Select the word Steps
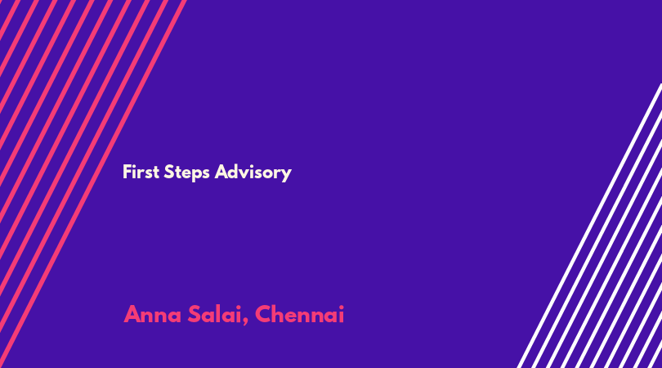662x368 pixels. pos(186,173)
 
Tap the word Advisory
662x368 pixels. pos(253,173)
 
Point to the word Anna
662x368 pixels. pos(152,314)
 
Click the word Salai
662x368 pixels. pos(215,314)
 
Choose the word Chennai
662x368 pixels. pos(299,314)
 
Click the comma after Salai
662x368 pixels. pos(245,322)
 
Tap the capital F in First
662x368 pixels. pos(127,172)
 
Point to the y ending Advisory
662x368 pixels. pos(287,175)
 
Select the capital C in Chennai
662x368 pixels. pos(262,314)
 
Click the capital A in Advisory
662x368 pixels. pos(221,172)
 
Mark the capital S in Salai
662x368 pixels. pos(194,314)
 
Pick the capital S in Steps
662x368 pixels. pos(169,172)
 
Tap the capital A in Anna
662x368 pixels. pos(132,314)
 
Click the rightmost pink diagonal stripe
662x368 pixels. pos(93,184)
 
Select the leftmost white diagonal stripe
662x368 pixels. pos(589,226)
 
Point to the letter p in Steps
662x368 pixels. pos(195,174)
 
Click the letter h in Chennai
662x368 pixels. pos(278,314)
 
